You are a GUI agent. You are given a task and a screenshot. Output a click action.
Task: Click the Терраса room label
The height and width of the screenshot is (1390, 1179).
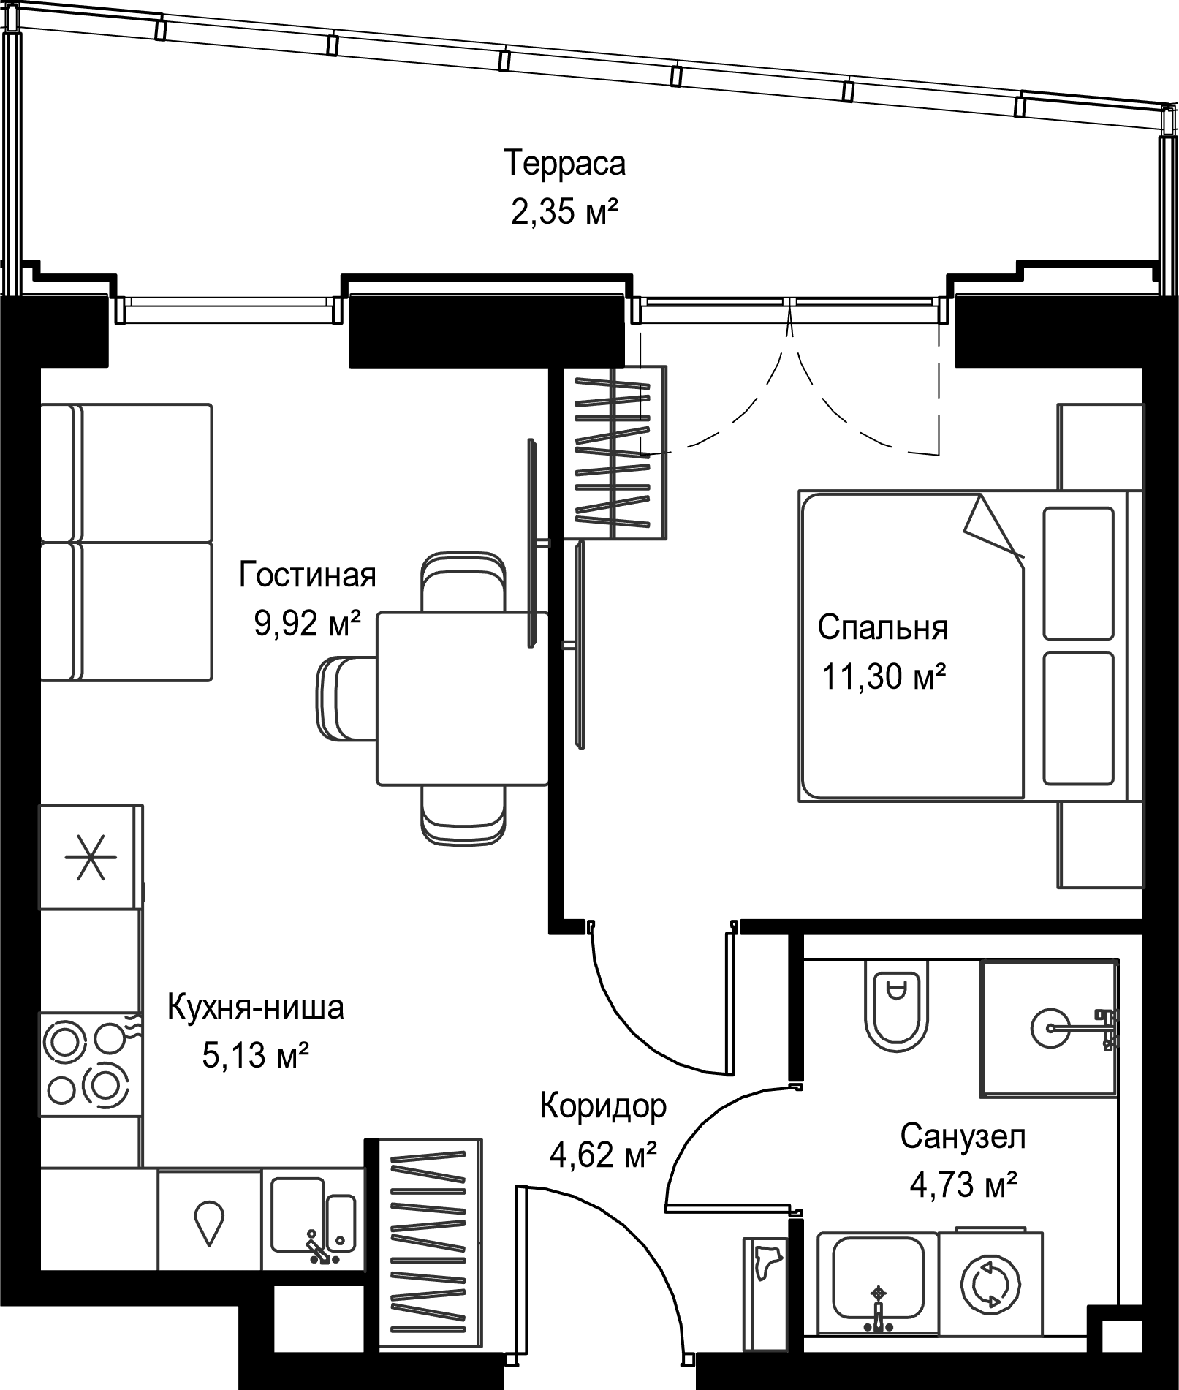[565, 163]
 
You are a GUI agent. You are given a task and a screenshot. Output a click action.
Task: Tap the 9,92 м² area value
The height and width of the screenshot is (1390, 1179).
[308, 624]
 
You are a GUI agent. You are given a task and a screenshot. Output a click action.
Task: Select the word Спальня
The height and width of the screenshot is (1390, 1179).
[882, 627]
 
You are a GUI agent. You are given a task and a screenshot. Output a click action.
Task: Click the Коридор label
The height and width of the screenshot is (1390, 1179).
[604, 1106]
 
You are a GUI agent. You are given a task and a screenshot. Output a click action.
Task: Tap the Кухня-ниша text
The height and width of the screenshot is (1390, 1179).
[256, 1008]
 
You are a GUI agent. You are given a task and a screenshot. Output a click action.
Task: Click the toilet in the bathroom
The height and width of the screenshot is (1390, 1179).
[895, 1004]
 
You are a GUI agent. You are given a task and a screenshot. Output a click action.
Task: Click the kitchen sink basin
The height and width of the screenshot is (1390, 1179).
[314, 1214]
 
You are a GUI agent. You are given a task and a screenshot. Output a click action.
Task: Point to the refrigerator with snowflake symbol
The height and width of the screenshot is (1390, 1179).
[91, 857]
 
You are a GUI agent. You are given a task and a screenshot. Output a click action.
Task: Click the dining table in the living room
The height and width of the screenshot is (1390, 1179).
[462, 699]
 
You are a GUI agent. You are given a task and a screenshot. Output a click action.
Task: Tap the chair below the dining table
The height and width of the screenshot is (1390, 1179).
[463, 814]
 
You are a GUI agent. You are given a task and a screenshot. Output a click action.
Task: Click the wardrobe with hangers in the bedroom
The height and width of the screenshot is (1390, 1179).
[618, 453]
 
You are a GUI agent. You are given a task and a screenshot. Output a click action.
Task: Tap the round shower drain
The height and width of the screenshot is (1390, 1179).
[1050, 1027]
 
